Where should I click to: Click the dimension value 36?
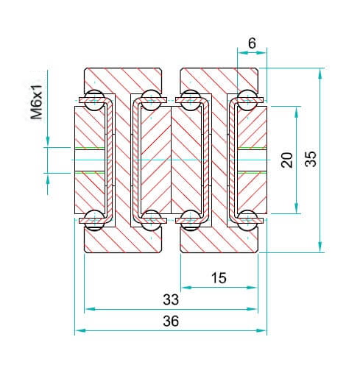click(171, 321)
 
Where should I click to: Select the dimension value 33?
click(171, 299)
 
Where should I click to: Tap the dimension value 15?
click(219, 278)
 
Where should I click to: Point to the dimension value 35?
click(311, 159)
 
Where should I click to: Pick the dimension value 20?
click(287, 160)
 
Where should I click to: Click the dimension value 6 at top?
click(252, 43)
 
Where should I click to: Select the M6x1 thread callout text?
click(36, 102)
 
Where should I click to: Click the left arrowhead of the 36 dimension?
click(80, 330)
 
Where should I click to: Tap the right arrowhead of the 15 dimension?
click(253, 288)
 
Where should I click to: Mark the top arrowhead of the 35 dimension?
click(320, 73)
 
